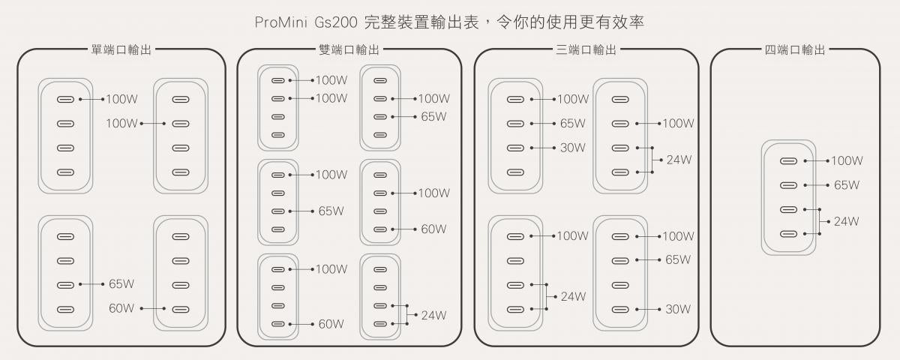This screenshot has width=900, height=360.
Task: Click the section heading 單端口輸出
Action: click(121, 50)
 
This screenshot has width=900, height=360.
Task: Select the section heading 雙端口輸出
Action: click(349, 50)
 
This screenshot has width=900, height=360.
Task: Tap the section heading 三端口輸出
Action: click(586, 50)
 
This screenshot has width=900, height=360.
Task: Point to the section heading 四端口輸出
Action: click(795, 50)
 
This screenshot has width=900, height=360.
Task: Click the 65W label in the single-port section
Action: click(121, 284)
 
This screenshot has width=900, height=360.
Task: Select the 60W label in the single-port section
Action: click(121, 308)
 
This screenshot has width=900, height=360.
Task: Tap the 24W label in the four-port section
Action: click(846, 221)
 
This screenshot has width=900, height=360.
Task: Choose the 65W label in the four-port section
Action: click(846, 184)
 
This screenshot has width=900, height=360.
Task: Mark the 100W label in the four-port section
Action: click(847, 160)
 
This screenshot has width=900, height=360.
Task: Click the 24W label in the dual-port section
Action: click(433, 315)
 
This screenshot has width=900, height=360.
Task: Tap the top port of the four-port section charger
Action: click(787, 160)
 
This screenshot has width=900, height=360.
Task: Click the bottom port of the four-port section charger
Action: click(787, 233)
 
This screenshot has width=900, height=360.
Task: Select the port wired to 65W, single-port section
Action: click(65, 285)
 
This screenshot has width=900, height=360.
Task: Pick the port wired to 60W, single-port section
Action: click(179, 309)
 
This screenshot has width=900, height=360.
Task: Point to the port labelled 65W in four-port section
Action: click(787, 184)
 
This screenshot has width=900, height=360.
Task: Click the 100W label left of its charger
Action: click(122, 123)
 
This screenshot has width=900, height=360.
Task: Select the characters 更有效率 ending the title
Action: click(615, 22)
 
